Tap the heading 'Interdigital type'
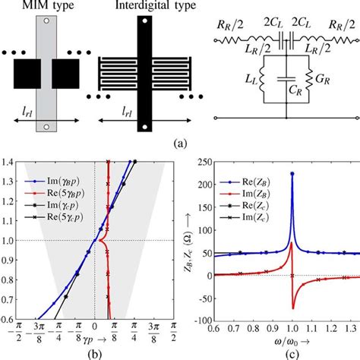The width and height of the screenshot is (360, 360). coord(127,6)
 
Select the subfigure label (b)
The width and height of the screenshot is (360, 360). coord(96,354)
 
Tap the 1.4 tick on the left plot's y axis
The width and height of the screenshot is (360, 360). coord(11,162)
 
